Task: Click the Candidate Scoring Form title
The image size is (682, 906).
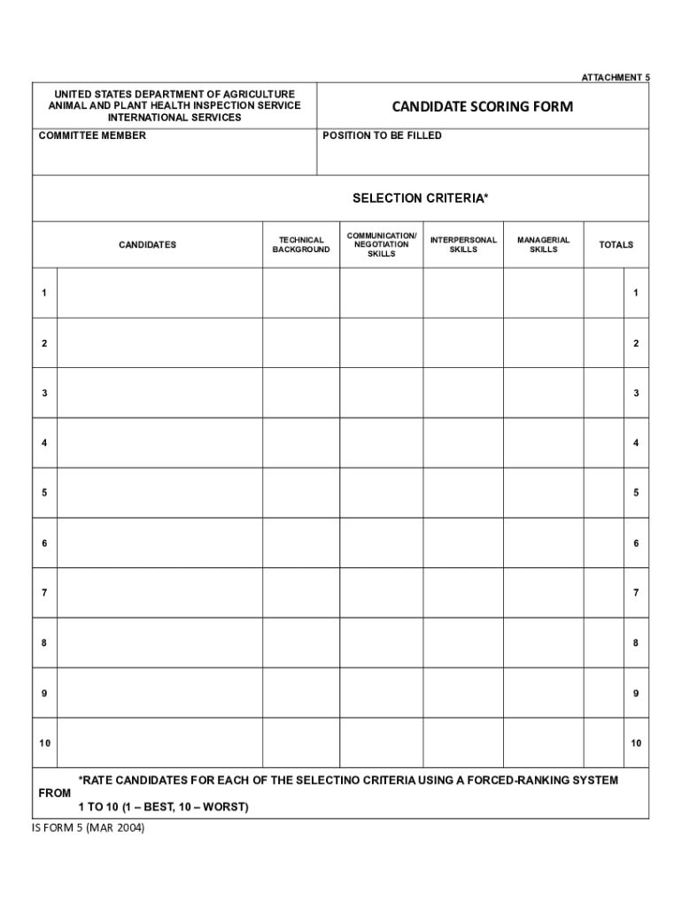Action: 482,107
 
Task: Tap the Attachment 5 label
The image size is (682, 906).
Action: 615,78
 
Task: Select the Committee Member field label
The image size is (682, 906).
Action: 92,136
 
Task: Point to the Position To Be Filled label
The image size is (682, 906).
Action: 382,136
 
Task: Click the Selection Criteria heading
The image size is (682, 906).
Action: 420,198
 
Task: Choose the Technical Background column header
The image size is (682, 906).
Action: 301,245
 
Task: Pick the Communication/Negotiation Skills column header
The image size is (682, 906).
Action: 381,245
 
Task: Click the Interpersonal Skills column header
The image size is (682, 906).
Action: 463,245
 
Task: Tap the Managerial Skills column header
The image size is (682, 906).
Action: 543,245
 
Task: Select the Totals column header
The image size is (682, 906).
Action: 616,245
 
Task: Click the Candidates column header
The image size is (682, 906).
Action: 147,245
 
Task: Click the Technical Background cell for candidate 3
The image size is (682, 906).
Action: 301,392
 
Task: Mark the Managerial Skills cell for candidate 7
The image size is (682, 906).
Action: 543,592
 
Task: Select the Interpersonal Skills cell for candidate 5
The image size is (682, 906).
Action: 463,492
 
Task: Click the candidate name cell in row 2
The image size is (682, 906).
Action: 159,342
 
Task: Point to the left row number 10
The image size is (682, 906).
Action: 44,742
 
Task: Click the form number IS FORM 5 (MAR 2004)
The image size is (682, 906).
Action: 87,828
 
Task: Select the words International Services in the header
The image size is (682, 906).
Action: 174,118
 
